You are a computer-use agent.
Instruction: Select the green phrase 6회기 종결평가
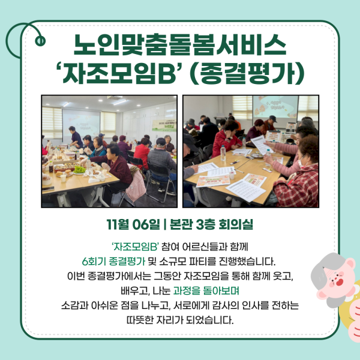(x=112, y=262)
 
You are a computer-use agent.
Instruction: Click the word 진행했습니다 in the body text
(x=245, y=262)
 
